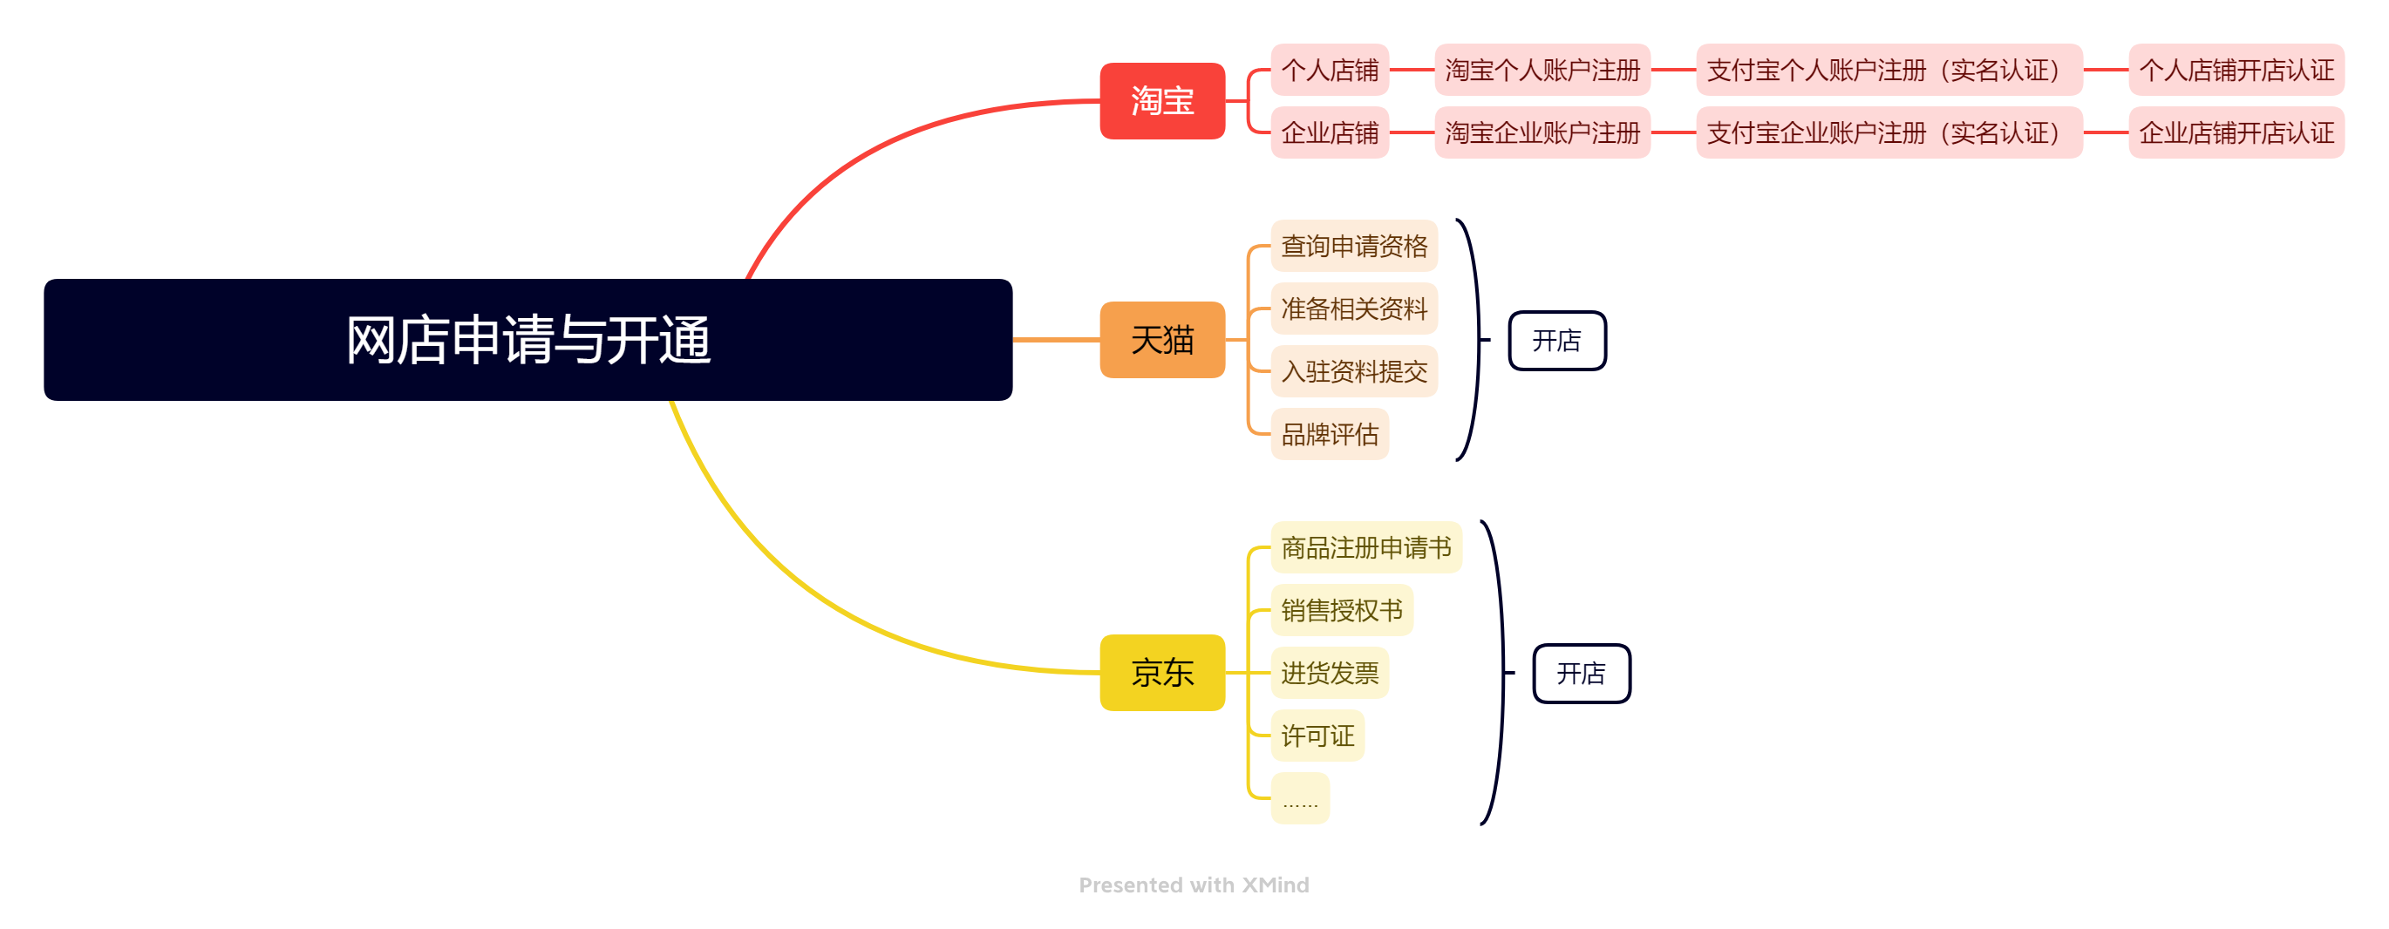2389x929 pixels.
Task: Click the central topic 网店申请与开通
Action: [527, 339]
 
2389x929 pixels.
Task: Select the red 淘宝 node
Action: [1162, 101]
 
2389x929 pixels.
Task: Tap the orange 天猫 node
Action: [1162, 339]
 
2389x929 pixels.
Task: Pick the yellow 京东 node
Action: [1162, 672]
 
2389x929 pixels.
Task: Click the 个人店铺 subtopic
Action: [1329, 70]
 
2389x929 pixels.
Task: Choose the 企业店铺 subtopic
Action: [1329, 132]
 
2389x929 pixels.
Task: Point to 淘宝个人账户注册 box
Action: [1542, 70]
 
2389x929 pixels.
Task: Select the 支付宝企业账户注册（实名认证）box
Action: [1889, 132]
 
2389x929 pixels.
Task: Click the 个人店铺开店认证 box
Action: [2235, 70]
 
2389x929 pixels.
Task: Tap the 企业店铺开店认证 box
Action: [2235, 132]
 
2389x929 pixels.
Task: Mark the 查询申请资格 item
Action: [1353, 246]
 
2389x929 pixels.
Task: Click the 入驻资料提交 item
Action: [1353, 371]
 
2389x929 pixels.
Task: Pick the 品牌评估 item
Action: [1329, 434]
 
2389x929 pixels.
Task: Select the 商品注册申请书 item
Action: [1365, 547]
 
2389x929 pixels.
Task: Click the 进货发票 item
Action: [1329, 672]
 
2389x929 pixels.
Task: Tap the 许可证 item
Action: [1317, 736]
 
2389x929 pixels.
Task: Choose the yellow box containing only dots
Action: [1299, 798]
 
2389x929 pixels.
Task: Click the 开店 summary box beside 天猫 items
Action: [1556, 340]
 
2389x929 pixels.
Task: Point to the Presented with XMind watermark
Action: [1194, 885]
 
